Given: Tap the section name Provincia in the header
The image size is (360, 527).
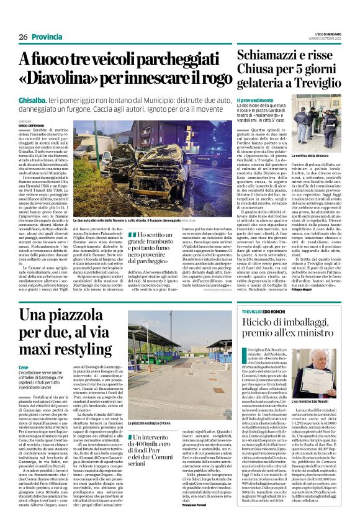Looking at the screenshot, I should pyautogui.click(x=48, y=37).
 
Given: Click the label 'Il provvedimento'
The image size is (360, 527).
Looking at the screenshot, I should pyautogui.click(x=255, y=100).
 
